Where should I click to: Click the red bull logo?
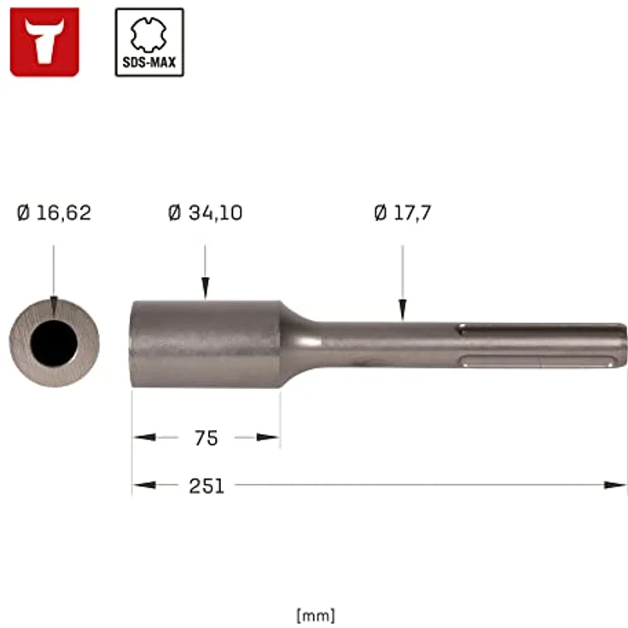tap(44, 42)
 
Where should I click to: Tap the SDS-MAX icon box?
tap(149, 42)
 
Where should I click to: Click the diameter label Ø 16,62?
tap(54, 213)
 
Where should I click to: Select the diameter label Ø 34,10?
tap(205, 213)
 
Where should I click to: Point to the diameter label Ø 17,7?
tap(403, 213)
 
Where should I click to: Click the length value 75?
tap(206, 438)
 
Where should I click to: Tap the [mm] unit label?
tap(315, 614)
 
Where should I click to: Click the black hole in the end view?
tap(54, 344)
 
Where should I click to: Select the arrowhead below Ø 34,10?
tap(205, 291)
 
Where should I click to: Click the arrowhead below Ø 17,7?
tap(403, 313)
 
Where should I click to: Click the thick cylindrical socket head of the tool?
tap(205, 344)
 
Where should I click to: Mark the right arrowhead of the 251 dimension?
tap(616, 486)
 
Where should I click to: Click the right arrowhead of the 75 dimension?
tap(270, 438)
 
